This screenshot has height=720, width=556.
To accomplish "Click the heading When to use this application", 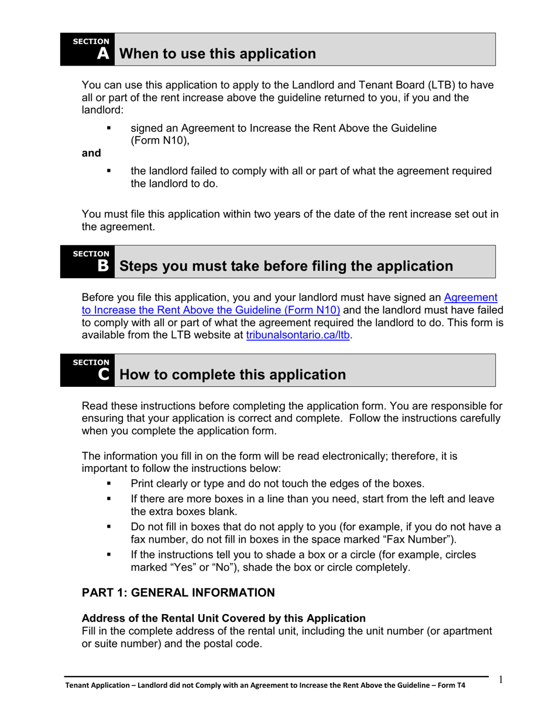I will pyautogui.click(x=217, y=54).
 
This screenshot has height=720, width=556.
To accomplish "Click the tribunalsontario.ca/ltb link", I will pyautogui.click(x=298, y=336).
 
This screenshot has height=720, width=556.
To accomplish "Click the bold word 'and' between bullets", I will pyautogui.click(x=91, y=153).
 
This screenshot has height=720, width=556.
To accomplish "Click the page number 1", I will pyautogui.click(x=501, y=680).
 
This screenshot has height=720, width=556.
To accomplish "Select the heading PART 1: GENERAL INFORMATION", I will pyautogui.click(x=178, y=593).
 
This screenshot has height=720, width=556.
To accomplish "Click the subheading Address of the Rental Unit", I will pyautogui.click(x=224, y=618).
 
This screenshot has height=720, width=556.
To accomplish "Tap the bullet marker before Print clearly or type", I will pyautogui.click(x=109, y=484).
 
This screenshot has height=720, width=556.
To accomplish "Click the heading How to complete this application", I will pyautogui.click(x=232, y=375).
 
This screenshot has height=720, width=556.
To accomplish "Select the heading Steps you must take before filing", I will pyautogui.click(x=286, y=266).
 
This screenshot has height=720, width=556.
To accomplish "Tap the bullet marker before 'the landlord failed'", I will pyautogui.click(x=109, y=171).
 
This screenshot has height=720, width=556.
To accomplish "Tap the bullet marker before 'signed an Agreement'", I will pyautogui.click(x=109, y=128).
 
